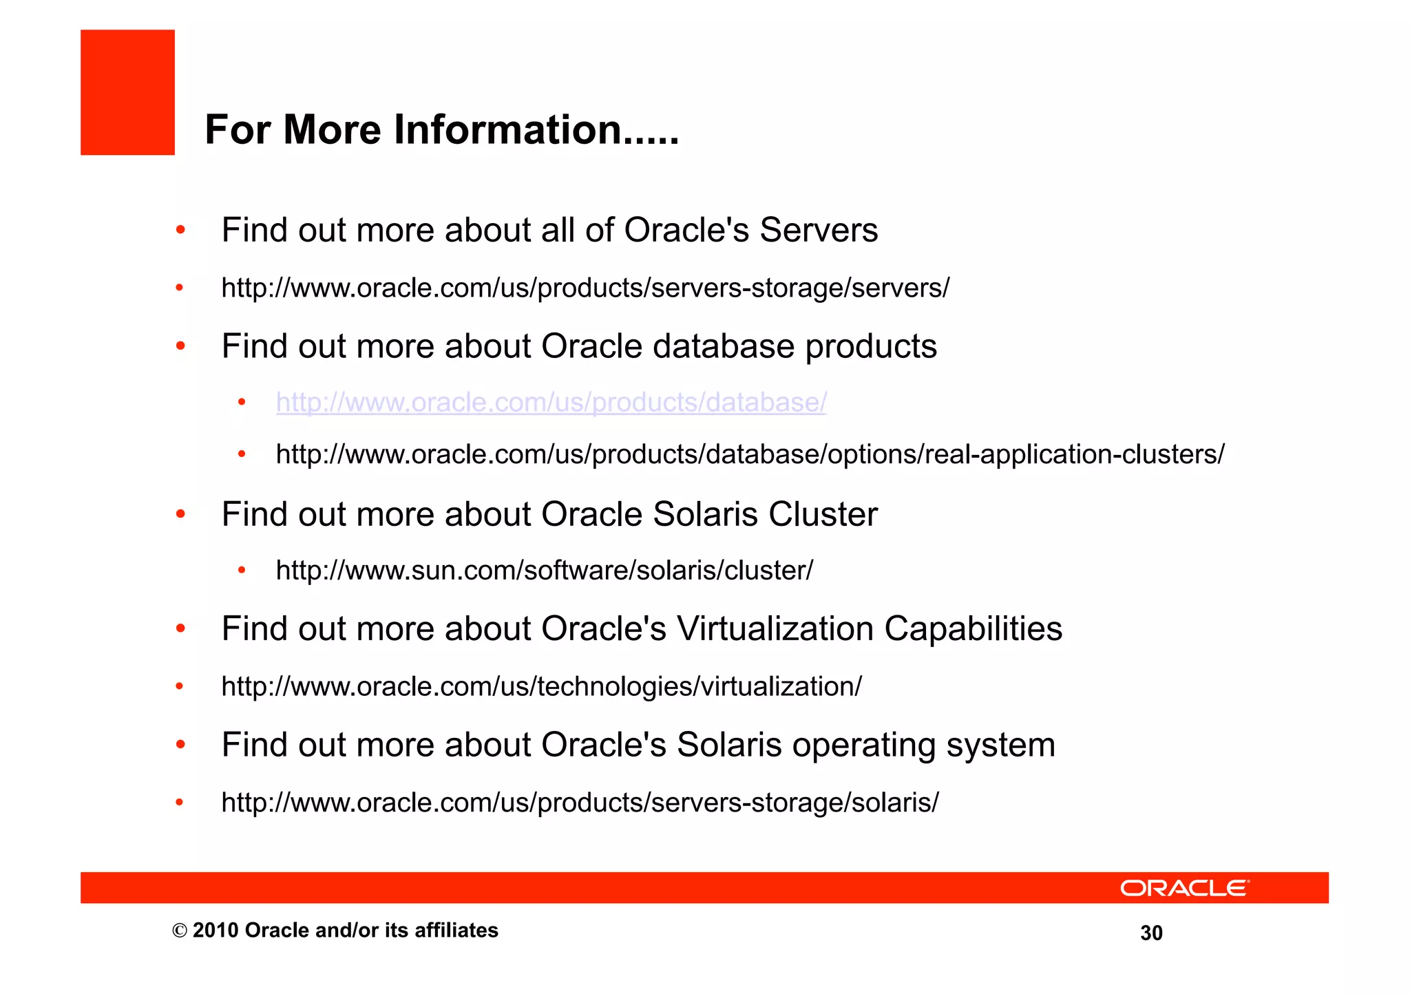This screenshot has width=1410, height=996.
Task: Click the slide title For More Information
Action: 441,129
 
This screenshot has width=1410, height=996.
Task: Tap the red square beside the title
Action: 127,92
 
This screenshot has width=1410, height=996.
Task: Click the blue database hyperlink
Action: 551,402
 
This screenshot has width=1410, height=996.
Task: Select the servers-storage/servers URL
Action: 585,288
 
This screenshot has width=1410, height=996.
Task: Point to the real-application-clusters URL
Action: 750,454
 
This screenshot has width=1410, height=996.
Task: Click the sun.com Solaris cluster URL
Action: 544,571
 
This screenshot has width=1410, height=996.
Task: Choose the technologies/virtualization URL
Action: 541,686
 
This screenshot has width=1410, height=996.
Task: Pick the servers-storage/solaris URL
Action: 580,803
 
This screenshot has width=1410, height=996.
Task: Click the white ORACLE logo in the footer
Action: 1184,888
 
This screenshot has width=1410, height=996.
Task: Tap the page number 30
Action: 1151,933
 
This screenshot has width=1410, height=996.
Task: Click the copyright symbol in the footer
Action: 180,931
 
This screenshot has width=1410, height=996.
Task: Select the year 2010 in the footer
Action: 215,931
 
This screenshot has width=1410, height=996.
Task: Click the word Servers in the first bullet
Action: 819,230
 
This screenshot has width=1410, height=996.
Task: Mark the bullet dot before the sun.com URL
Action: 242,570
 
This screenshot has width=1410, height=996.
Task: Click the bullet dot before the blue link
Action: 242,401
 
